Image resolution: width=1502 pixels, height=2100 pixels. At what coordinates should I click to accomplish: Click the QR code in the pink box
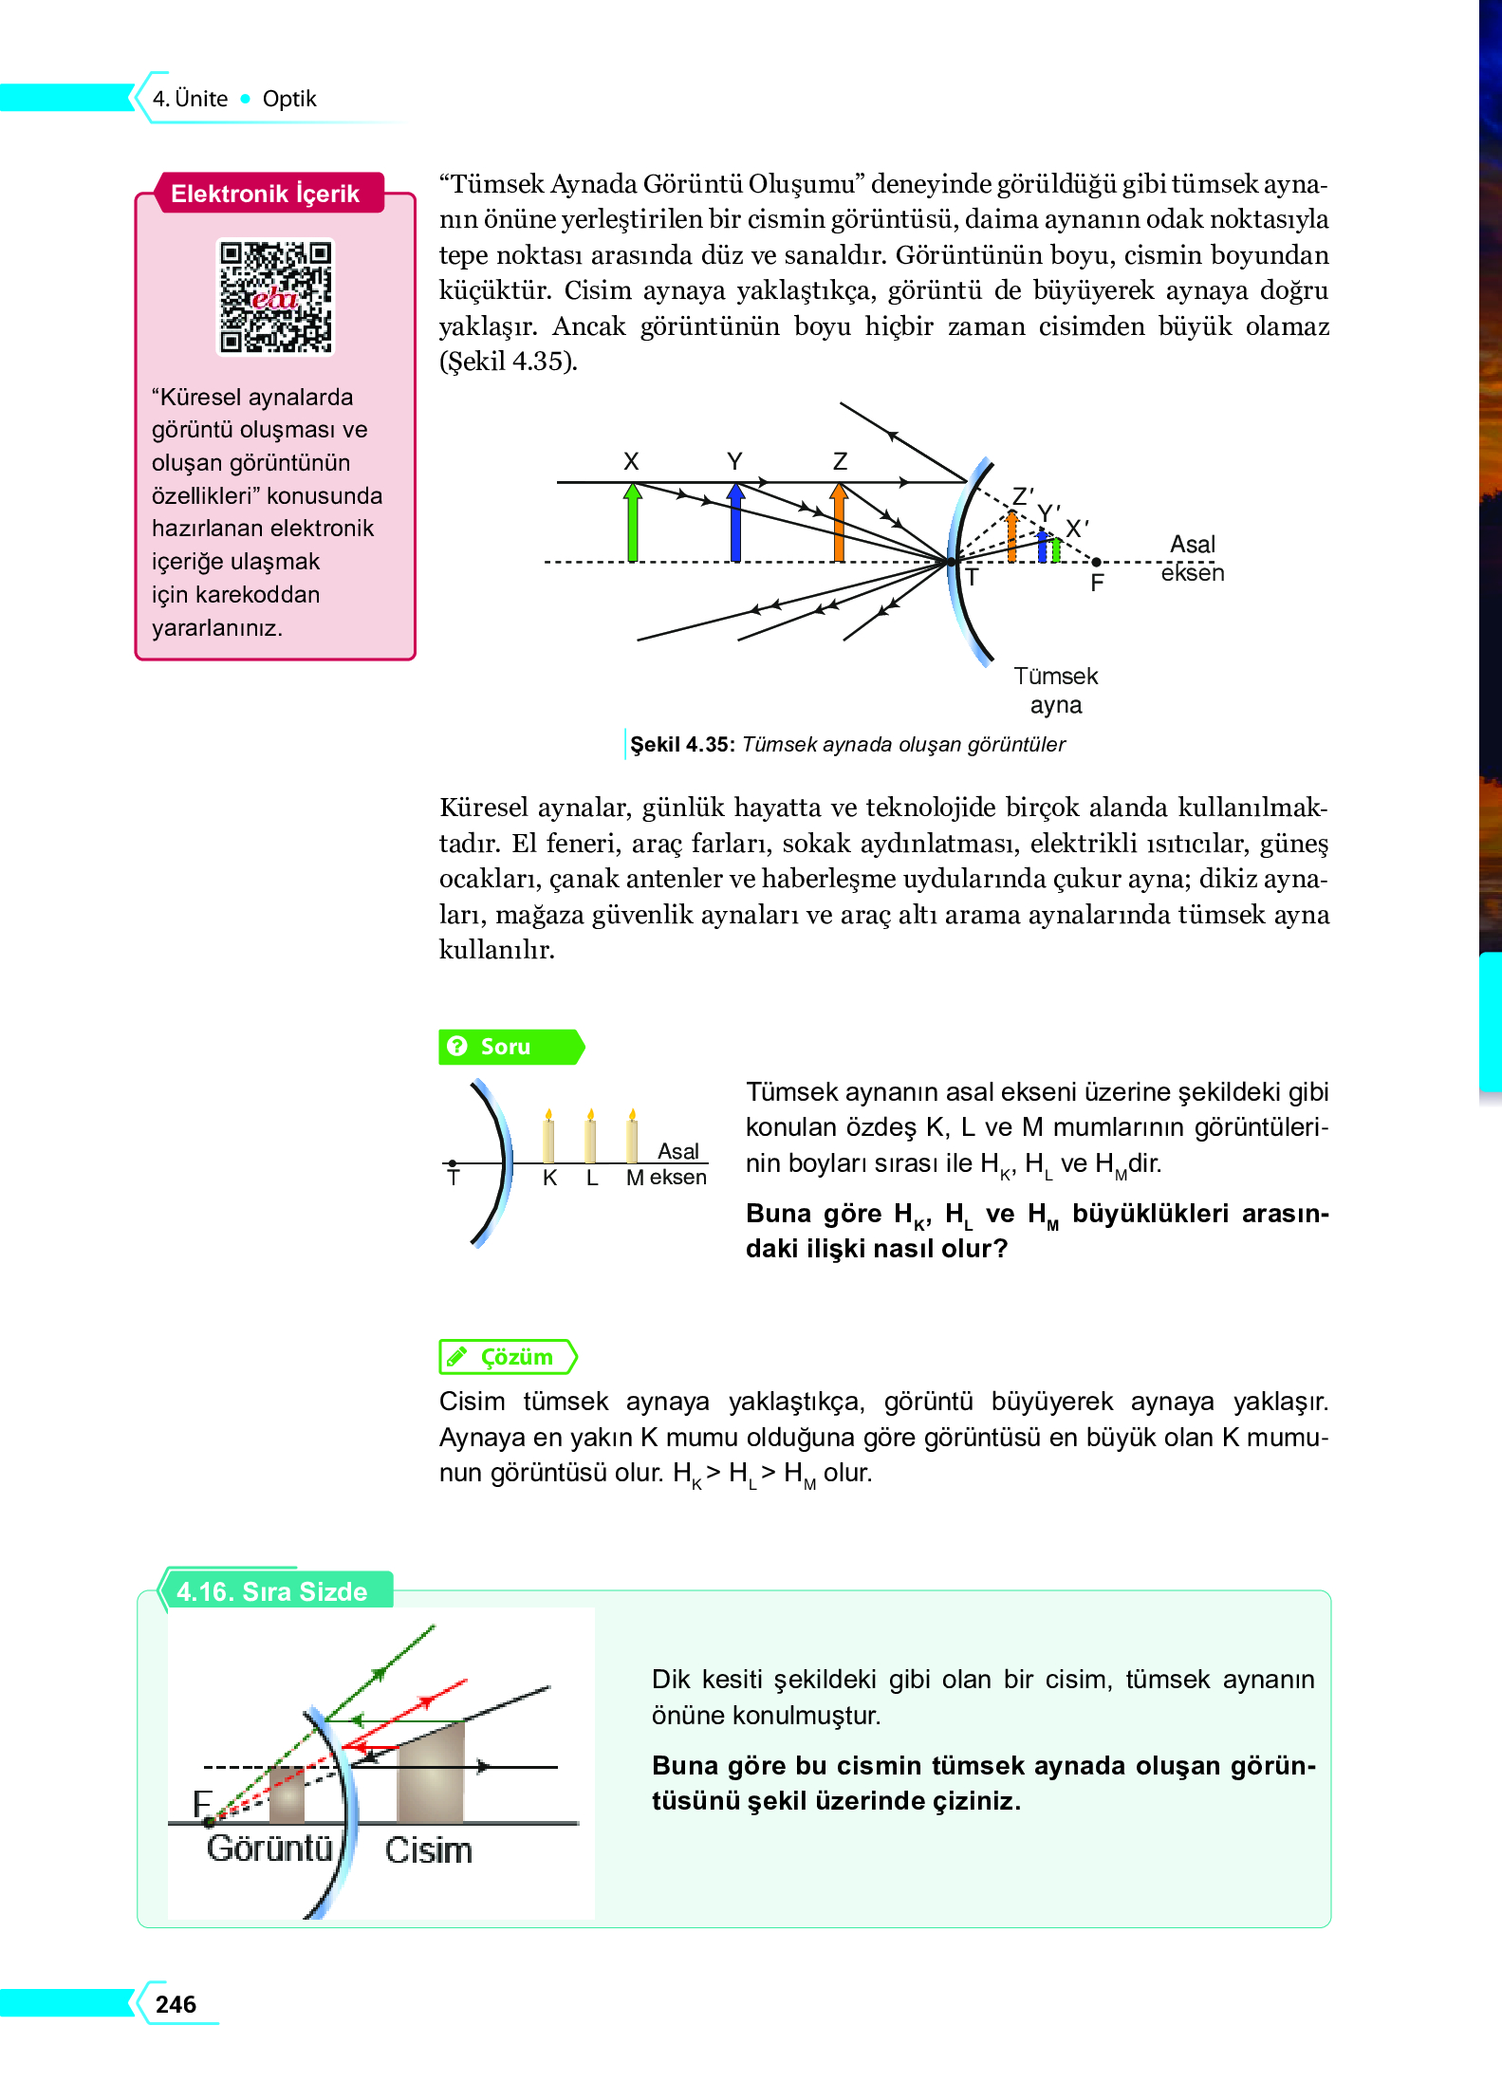[x=275, y=297]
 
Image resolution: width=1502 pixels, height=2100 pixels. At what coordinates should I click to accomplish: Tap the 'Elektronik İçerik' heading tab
[x=265, y=194]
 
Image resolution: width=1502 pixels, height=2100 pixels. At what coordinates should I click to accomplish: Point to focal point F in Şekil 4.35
[x=1096, y=563]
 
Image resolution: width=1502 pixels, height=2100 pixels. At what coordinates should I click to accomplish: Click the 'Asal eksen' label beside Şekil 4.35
[x=1192, y=558]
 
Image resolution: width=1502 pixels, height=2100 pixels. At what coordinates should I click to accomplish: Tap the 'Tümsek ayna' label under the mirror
[x=1055, y=690]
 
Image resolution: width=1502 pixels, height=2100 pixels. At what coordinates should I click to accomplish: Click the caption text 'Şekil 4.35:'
[x=682, y=745]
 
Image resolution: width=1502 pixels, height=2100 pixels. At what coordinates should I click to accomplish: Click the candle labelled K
[x=548, y=1137]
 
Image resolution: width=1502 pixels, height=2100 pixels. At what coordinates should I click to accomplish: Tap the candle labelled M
[x=632, y=1137]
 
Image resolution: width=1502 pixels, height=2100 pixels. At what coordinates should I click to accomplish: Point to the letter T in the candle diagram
[x=454, y=1179]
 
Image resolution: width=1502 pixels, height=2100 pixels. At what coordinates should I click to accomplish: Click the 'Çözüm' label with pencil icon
[x=509, y=1357]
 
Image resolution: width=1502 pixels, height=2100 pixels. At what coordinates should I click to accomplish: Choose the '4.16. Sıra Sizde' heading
[x=272, y=1591]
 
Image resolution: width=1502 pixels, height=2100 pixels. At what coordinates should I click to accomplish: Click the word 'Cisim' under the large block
[x=428, y=1850]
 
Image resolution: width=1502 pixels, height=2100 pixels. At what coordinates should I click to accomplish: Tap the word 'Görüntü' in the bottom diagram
[x=269, y=1849]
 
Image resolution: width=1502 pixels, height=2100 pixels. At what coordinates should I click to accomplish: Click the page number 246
[x=176, y=2004]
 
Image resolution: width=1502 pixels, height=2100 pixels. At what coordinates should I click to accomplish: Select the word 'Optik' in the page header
[x=289, y=99]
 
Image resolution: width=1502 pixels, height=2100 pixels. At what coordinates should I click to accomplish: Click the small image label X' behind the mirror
[x=1077, y=529]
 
